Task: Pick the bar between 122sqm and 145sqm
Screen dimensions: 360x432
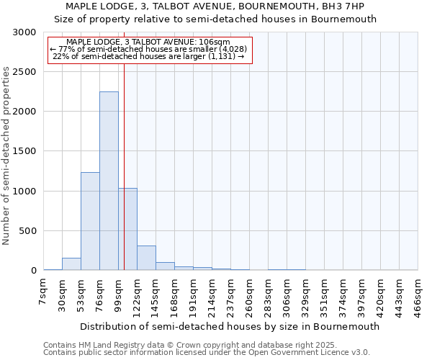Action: pyautogui.click(x=146, y=258)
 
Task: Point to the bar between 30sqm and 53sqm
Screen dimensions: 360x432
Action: pyautogui.click(x=71, y=264)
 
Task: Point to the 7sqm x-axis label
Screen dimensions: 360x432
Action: pyautogui.click(x=44, y=292)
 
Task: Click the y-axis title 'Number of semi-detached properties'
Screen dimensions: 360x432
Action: pyautogui.click(x=6, y=156)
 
